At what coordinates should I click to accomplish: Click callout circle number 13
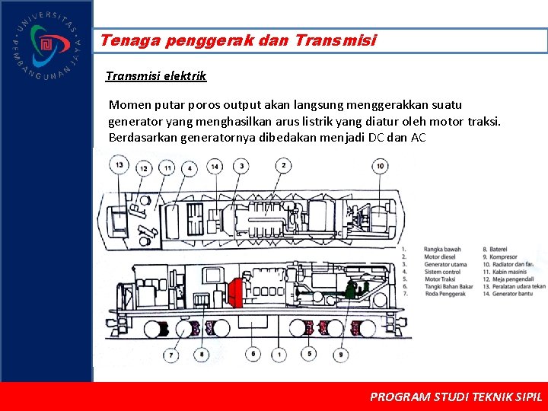(x=119, y=165)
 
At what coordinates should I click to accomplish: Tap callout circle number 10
(x=381, y=165)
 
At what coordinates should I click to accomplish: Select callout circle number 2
(x=283, y=165)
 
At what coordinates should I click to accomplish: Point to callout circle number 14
(x=215, y=167)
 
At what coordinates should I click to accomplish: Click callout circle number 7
(x=172, y=354)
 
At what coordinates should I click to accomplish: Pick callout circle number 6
(x=253, y=354)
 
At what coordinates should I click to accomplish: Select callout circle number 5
(x=308, y=354)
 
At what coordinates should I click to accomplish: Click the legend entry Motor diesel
(x=441, y=257)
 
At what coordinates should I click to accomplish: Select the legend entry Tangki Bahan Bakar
(x=448, y=286)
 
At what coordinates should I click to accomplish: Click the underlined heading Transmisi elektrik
(x=156, y=76)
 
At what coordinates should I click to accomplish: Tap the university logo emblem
(x=46, y=45)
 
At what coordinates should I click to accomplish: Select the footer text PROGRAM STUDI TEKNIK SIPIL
(x=456, y=397)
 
